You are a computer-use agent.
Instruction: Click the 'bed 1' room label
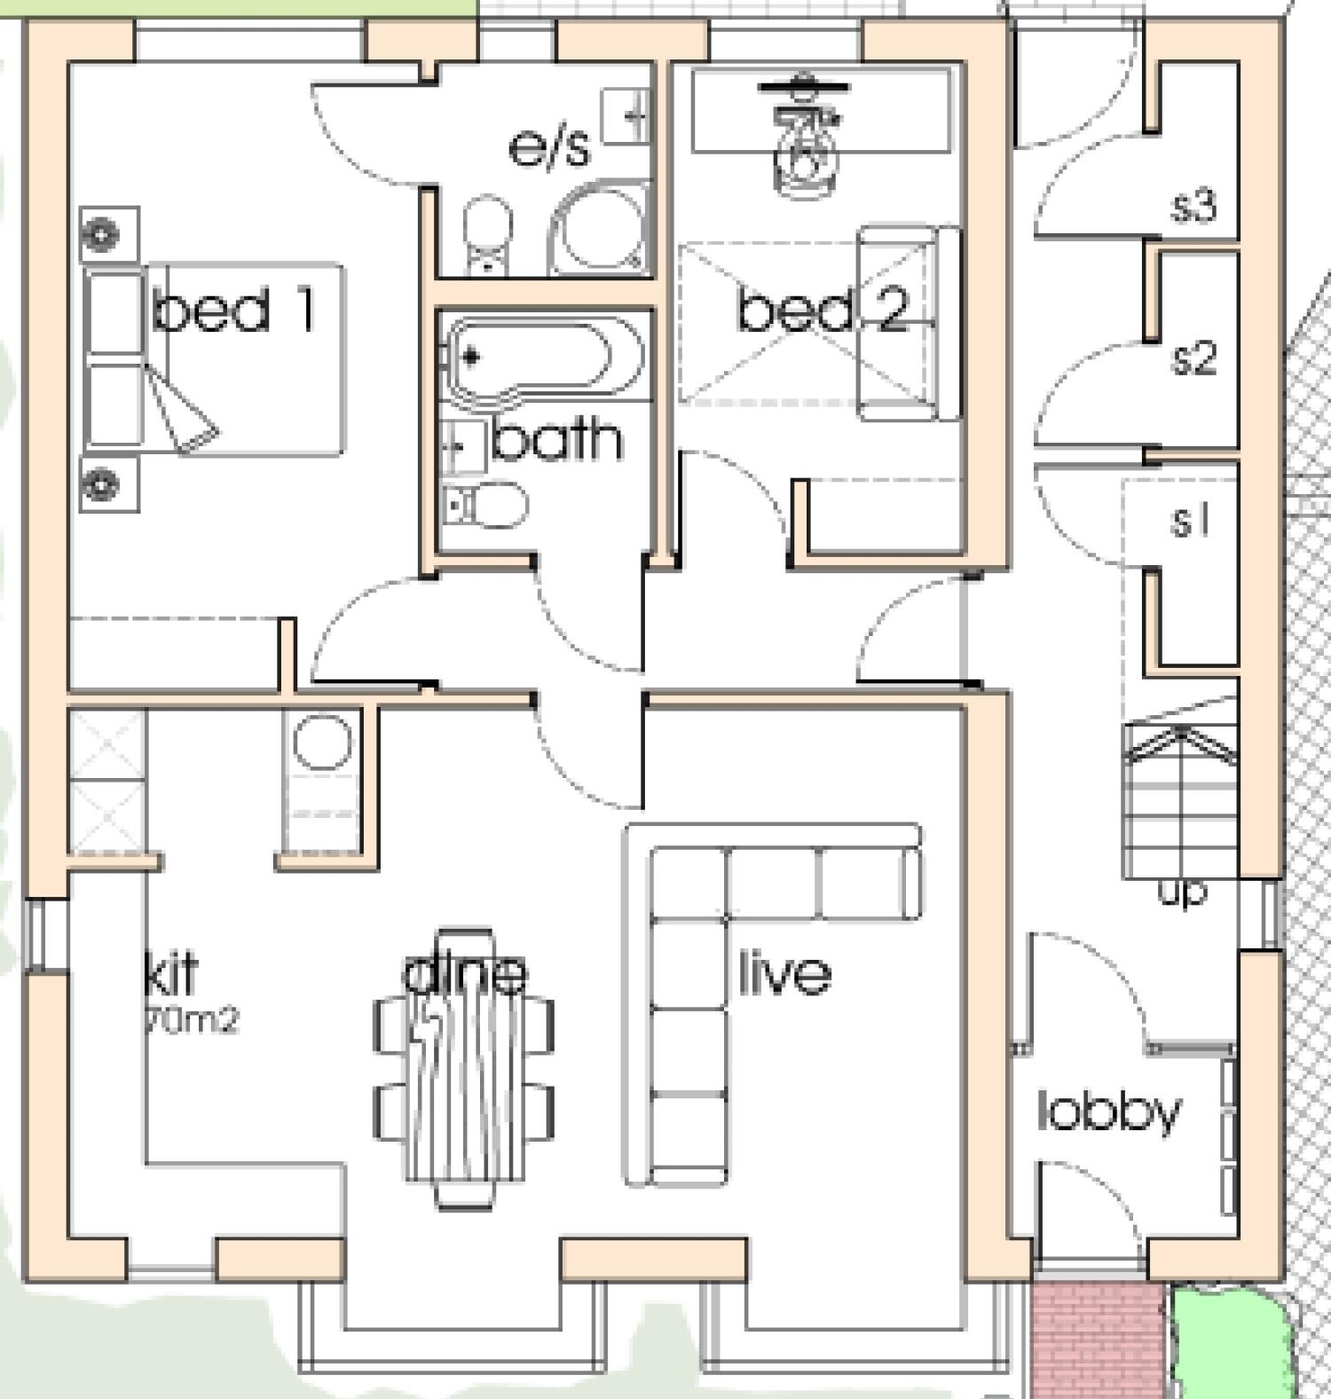[x=234, y=310]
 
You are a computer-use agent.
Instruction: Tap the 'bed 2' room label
[x=823, y=310]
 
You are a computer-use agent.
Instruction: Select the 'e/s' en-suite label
[x=549, y=147]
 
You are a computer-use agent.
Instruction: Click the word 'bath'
[x=556, y=440]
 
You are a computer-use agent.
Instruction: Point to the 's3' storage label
[x=1193, y=206]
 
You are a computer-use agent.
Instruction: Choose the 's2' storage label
[x=1193, y=359]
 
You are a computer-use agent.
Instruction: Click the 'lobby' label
[x=1109, y=1111]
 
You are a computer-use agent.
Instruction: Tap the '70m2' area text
[x=191, y=1020]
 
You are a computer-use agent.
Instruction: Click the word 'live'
[x=785, y=973]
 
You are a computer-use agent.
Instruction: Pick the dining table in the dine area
[x=463, y=1069]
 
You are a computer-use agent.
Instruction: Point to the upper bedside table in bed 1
[x=108, y=234]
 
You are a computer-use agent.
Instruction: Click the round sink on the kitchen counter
[x=321, y=742]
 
